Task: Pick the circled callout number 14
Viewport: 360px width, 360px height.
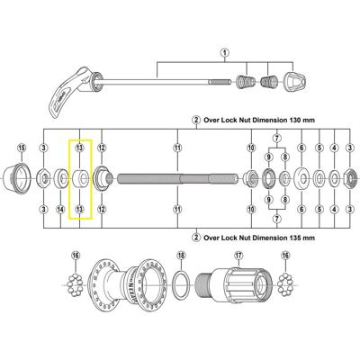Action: pos(60,209)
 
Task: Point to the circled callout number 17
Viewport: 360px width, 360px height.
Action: pos(238,255)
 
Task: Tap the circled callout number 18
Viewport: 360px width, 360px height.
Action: pos(179,255)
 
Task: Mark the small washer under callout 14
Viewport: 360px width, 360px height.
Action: pos(60,177)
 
